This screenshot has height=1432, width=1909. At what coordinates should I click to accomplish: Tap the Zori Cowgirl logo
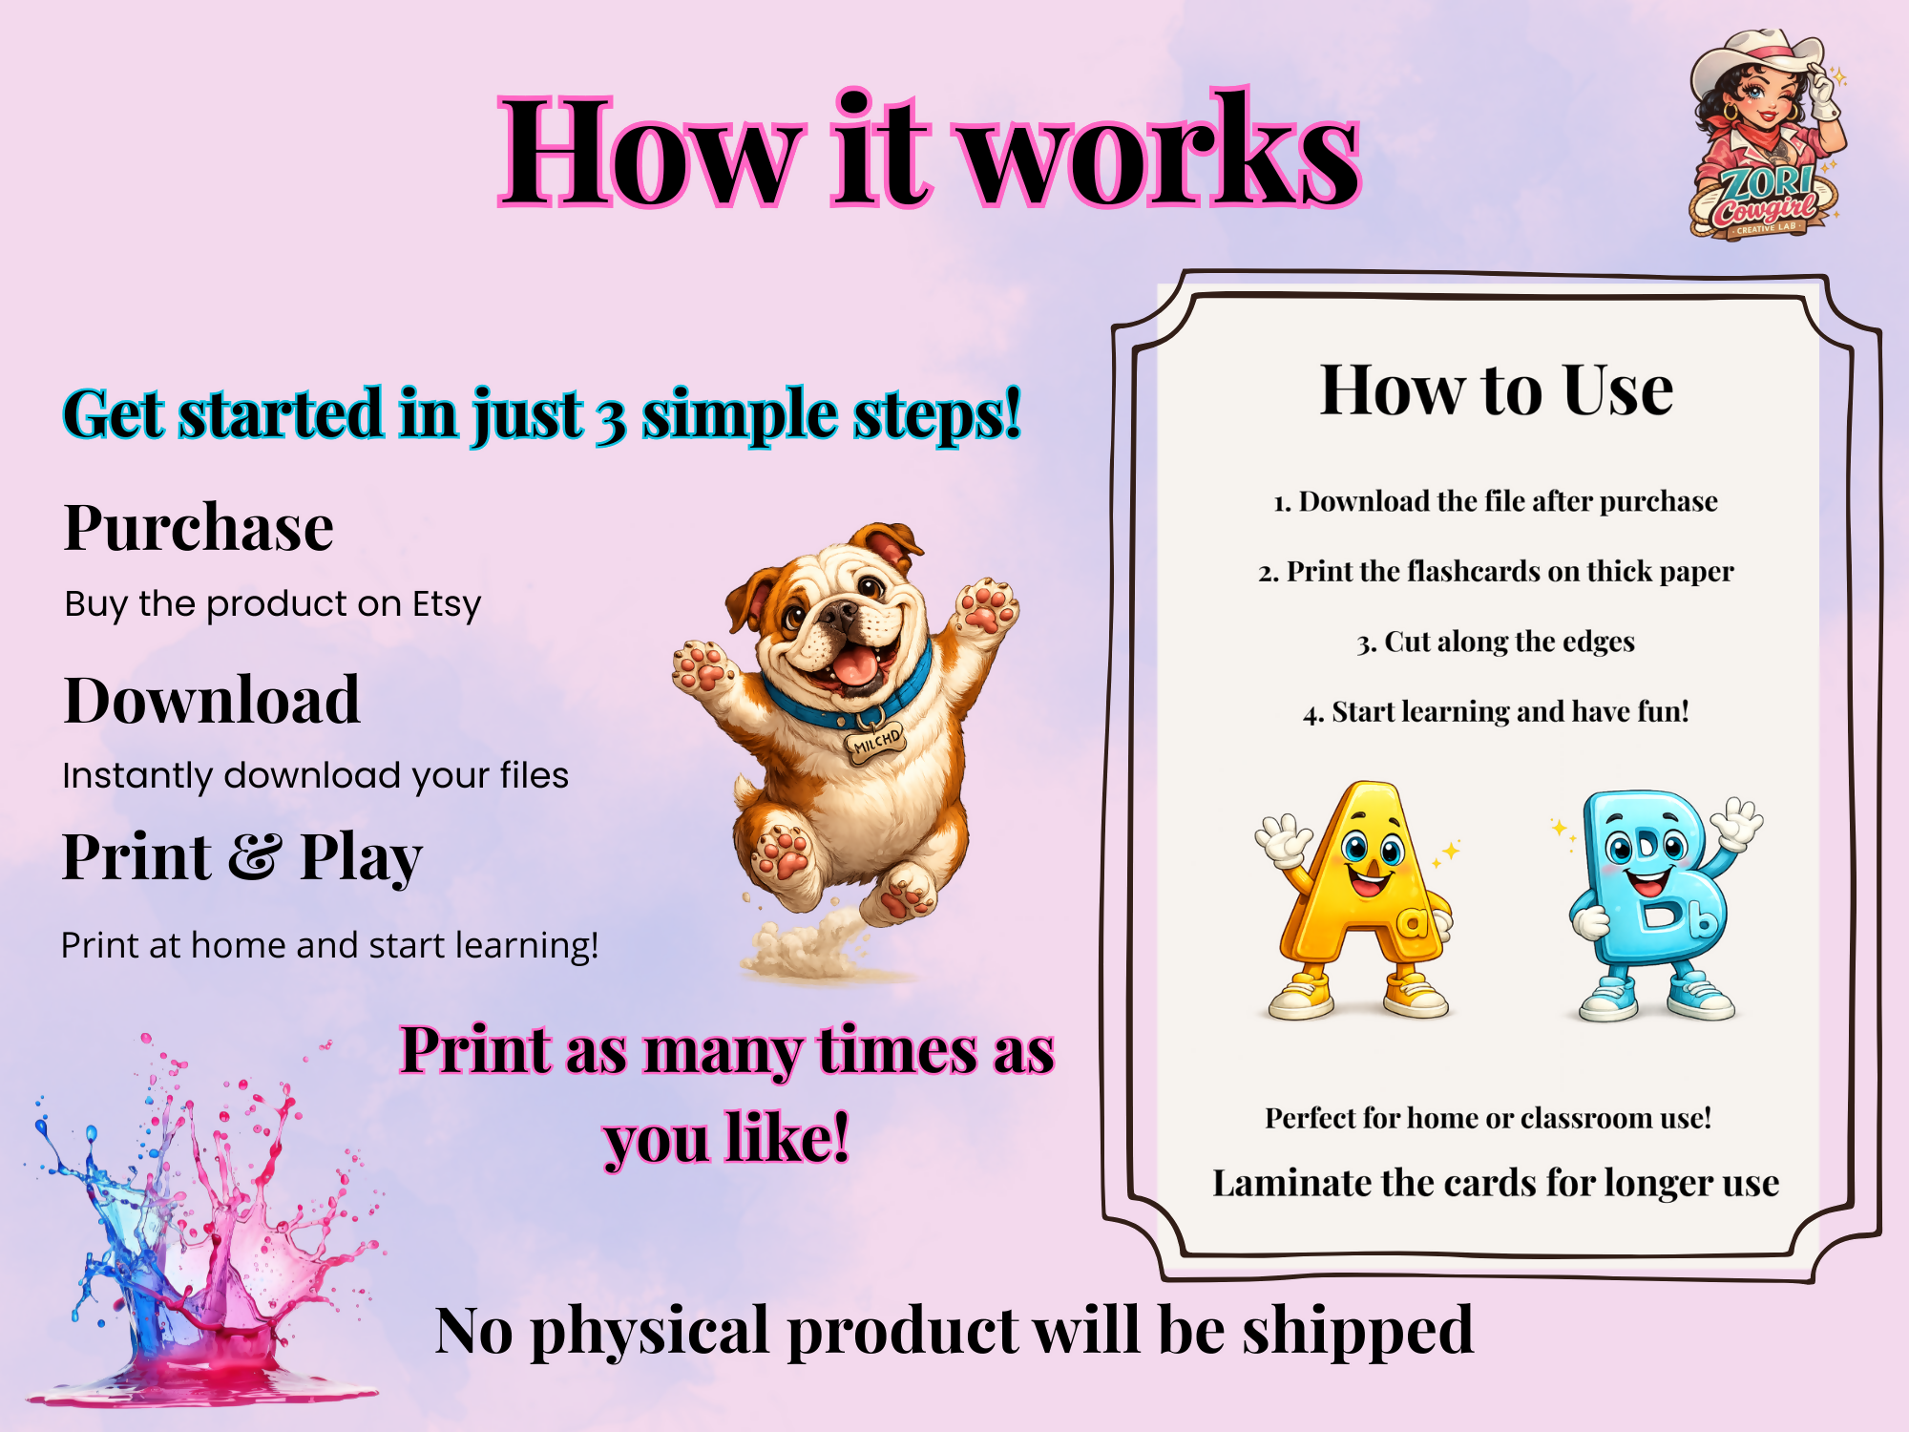tap(1766, 134)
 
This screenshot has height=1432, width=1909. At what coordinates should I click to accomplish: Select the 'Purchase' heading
tap(199, 527)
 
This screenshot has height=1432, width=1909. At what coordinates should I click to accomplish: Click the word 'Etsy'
tap(447, 605)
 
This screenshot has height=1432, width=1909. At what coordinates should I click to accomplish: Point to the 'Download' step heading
tap(212, 700)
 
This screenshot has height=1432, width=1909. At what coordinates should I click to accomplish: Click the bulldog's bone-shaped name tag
tap(875, 742)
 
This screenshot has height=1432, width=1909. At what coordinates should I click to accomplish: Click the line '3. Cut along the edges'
tap(1496, 642)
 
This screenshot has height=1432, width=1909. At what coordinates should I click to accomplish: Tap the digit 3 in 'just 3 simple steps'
tap(612, 421)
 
